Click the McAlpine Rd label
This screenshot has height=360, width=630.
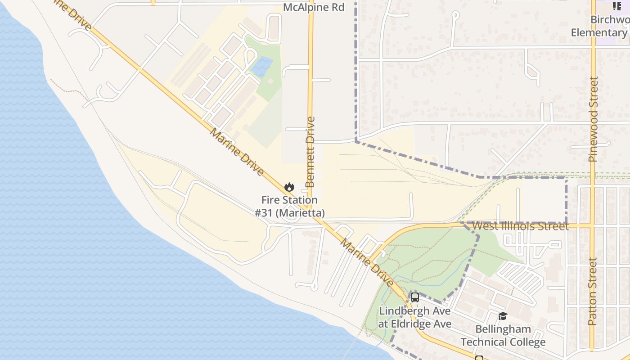pos(314,7)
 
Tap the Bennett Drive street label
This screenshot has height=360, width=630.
pos(310,152)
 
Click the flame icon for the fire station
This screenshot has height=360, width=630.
pos(289,186)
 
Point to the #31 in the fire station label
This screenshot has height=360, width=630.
pos(264,212)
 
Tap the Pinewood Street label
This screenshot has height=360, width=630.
pos(594,120)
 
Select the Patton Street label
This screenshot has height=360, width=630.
pos(593,291)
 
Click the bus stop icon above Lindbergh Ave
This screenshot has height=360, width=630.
pos(414,297)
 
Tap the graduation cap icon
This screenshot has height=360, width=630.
pos(503,316)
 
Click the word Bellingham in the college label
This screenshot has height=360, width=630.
pos(503,329)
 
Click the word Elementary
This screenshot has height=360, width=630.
pos(599,32)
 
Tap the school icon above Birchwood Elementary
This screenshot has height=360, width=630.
pos(616,6)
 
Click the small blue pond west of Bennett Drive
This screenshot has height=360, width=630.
pos(262,67)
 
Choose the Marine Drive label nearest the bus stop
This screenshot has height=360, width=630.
pos(366,263)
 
